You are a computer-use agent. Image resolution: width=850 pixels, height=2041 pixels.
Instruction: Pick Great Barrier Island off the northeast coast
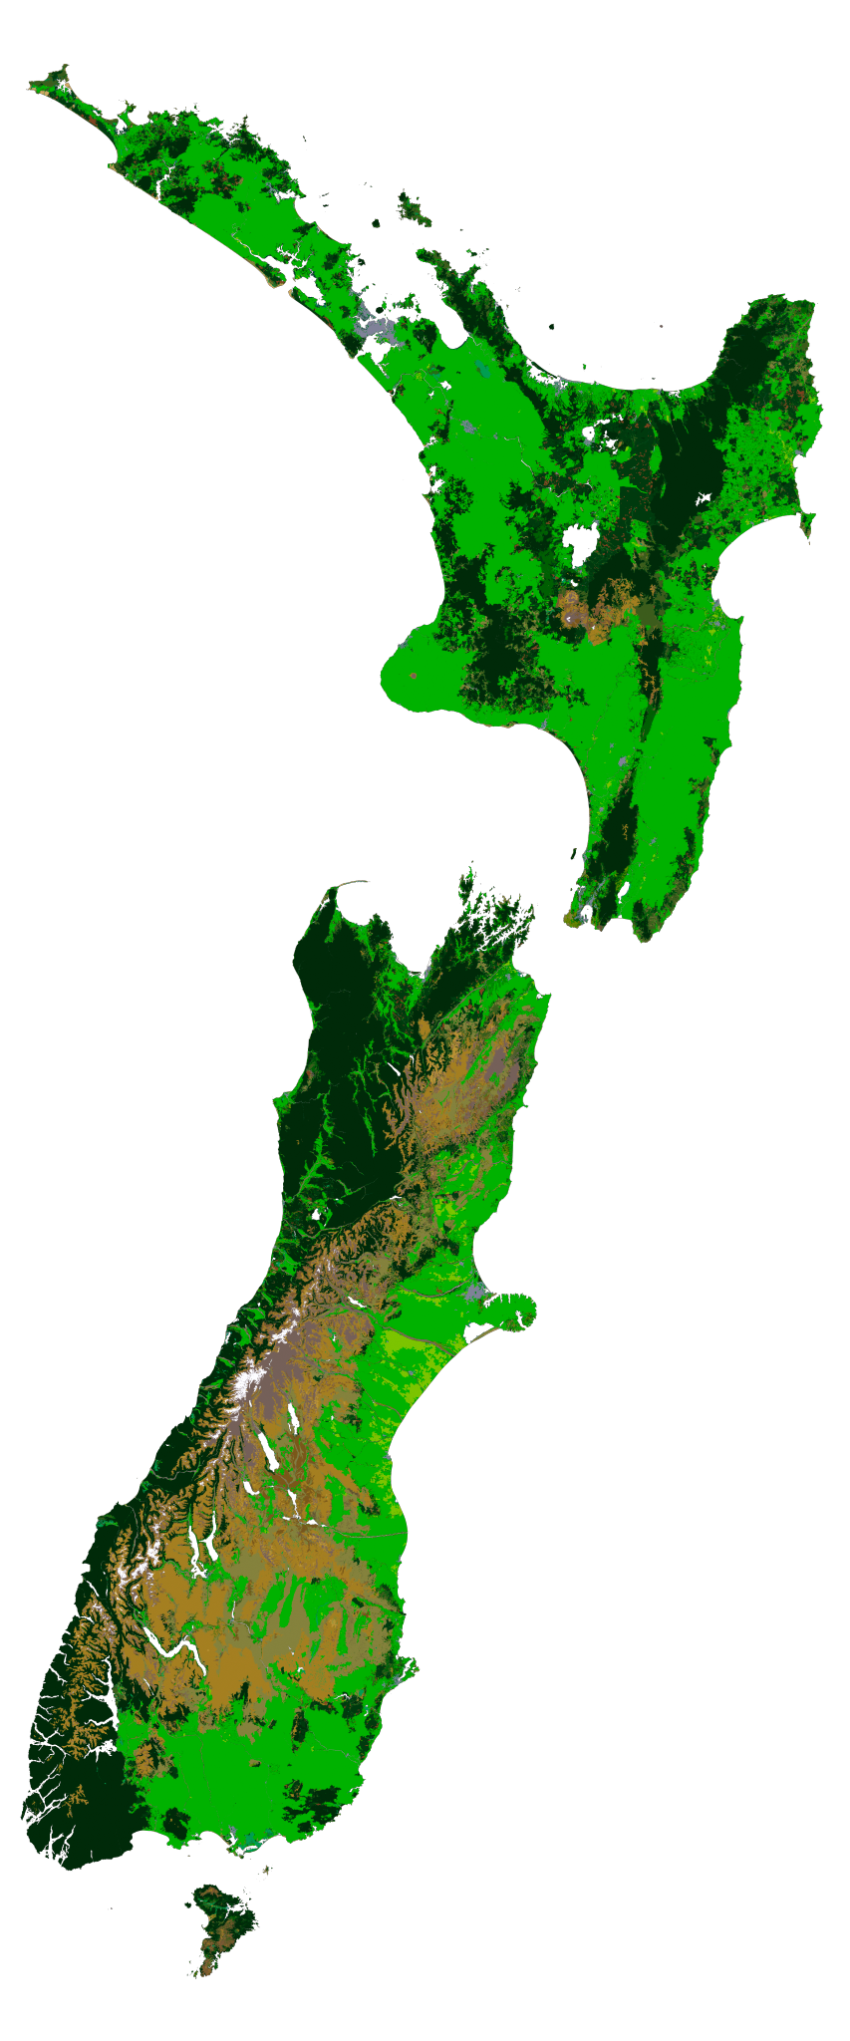412,209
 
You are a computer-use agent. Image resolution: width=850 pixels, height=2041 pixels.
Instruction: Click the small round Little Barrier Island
378,223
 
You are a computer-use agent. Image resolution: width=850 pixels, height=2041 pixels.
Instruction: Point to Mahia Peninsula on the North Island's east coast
807,523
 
